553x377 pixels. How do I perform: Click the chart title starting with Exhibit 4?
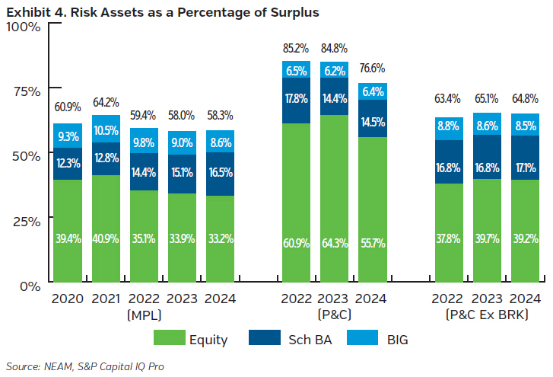[x=162, y=12]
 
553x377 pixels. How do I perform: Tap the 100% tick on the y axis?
[x=24, y=27]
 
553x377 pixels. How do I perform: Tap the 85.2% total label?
[x=296, y=49]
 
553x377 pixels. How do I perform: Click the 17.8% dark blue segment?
[x=296, y=101]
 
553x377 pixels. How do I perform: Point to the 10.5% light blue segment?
[x=106, y=129]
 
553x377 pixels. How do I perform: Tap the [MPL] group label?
[x=144, y=314]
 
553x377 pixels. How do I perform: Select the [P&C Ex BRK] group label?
[x=486, y=314]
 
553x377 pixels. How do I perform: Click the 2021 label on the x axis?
[x=106, y=299]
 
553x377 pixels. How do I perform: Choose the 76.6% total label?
[x=373, y=71]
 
